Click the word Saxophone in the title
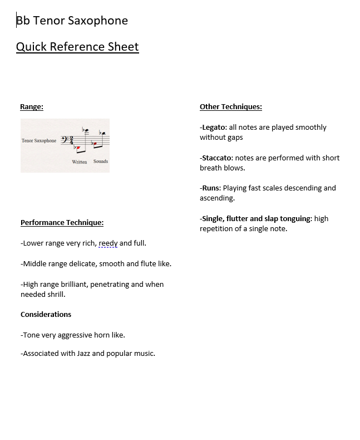click(98, 21)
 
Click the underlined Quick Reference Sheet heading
click(77, 47)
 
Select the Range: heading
click(32, 107)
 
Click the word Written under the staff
click(80, 162)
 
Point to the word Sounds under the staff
click(101, 162)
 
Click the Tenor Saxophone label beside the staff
click(39, 141)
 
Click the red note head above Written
click(78, 148)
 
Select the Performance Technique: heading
click(62, 223)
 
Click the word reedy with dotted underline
click(108, 243)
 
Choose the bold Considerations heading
click(46, 314)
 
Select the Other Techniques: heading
click(230, 107)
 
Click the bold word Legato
click(214, 128)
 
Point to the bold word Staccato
click(217, 158)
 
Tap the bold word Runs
click(211, 188)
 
